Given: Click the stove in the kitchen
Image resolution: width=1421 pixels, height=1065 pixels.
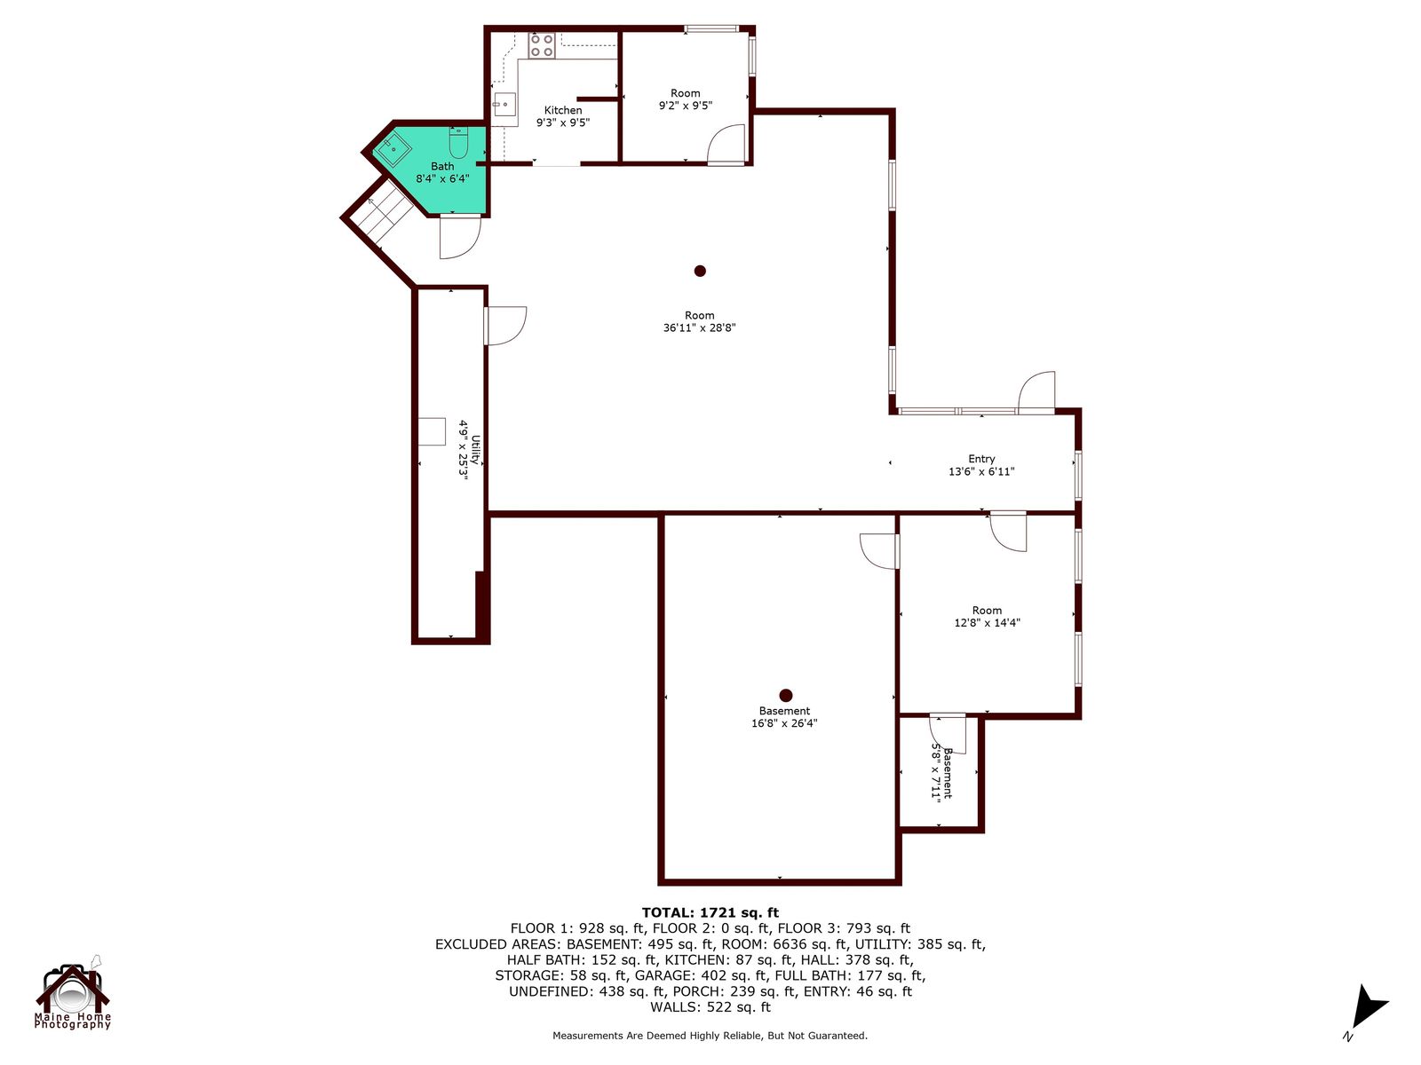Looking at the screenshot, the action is [x=541, y=45].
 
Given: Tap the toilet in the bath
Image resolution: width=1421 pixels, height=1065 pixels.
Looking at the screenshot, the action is [x=458, y=143].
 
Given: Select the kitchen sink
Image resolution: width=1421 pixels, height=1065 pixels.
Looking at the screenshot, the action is [x=505, y=104].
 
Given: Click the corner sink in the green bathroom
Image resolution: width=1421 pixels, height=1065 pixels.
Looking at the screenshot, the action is [x=393, y=151].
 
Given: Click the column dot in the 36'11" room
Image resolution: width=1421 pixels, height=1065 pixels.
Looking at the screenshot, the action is [x=700, y=271].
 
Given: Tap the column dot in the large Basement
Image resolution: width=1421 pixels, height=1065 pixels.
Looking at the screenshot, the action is [x=786, y=695].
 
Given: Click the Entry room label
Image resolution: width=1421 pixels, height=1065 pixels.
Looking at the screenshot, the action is [x=981, y=459].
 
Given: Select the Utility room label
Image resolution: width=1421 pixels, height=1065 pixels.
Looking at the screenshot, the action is [x=475, y=449].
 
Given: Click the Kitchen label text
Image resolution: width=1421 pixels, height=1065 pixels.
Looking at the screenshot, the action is [x=562, y=111].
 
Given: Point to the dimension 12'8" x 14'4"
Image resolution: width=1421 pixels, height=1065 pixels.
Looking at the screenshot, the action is [x=988, y=623].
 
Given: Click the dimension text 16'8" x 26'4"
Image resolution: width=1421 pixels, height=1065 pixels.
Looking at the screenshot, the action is [x=784, y=723].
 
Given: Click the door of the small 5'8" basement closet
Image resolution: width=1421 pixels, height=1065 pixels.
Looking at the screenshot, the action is [x=947, y=734].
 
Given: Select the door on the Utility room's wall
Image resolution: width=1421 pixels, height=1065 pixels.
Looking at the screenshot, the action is [x=505, y=325].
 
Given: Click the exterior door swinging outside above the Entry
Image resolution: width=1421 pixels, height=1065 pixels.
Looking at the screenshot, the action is [x=1036, y=392].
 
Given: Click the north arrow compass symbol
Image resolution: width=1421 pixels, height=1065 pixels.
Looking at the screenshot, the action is [x=1367, y=1009].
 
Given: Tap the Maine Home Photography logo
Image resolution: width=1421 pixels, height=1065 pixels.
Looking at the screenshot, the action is [x=73, y=992].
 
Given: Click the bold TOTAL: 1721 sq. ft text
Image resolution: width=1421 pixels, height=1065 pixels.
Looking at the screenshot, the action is [x=710, y=912].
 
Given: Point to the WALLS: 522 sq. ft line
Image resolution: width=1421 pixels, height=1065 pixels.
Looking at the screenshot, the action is [x=710, y=1006].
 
